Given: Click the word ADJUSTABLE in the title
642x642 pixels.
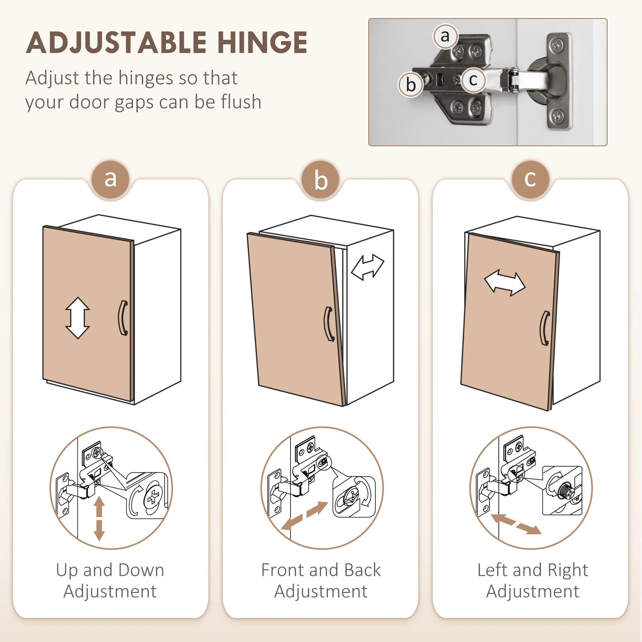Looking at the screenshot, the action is pos(116,43).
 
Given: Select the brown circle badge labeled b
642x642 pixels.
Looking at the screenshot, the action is pos(321,180).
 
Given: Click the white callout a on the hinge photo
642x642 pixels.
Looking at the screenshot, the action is pos(445,36).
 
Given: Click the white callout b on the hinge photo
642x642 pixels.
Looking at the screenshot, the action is pos(411,84).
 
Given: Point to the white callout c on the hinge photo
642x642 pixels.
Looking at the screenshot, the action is pos(473,80).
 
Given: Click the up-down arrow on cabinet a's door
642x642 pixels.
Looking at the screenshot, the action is pos(77,318).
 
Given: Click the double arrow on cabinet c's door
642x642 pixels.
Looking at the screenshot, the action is pos(505,283).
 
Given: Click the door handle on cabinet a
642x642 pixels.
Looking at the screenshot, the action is pos(123,318).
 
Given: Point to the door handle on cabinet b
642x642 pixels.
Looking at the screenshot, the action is pos(329,324).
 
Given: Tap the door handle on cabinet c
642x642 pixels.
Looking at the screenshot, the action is pos(544,328).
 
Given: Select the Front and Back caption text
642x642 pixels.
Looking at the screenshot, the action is pos(321,580).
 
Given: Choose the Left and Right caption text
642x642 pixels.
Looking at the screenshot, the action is pos(533,580).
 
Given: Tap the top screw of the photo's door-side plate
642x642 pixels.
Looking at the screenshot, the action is pos(557,45).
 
